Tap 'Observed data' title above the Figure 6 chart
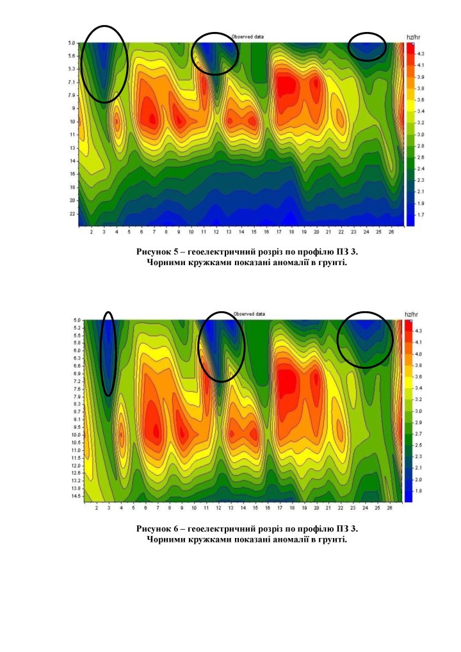point(249,314)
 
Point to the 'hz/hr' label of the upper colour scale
point(412,37)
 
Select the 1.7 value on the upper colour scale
point(420,215)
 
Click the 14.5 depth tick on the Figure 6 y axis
point(75,496)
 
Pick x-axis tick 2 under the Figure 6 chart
point(96,507)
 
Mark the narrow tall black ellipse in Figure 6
point(108,354)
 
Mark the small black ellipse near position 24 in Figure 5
point(367,46)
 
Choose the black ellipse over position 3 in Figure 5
point(105,64)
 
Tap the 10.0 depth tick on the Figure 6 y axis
point(75,434)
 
